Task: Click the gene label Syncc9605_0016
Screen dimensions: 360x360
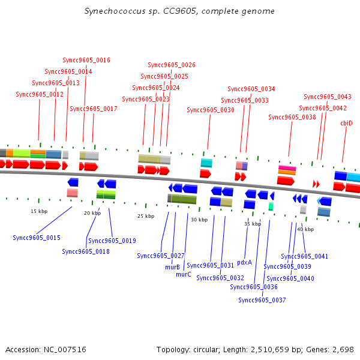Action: [86, 60]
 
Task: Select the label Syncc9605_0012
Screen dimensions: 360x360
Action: [40, 94]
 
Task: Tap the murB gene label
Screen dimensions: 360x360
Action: [172, 267]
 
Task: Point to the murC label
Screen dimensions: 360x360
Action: [184, 274]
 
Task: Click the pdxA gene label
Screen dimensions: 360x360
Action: [245, 262]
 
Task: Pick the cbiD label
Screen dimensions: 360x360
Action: [346, 123]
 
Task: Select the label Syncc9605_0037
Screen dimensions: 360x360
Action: [262, 300]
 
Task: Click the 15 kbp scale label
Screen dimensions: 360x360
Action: [39, 211]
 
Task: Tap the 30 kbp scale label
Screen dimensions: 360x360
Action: [199, 220]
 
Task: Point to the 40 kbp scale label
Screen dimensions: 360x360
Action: [305, 229]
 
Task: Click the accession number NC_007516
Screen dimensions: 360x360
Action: [65, 349]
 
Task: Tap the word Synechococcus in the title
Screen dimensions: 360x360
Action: [115, 11]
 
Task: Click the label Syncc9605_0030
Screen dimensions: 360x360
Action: [211, 110]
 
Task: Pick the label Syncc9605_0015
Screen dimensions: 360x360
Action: [37, 238]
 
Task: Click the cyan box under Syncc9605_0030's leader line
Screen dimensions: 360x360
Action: [206, 163]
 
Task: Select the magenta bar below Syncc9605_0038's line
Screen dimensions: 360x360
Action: [287, 168]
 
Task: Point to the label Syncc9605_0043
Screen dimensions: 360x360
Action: [328, 97]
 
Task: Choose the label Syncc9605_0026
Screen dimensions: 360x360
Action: [172, 65]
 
